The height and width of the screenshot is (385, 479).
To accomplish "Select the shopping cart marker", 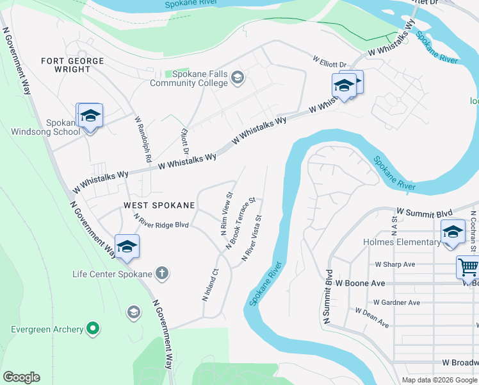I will click(x=468, y=266).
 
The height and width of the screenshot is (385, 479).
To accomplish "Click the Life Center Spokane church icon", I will click(x=162, y=274).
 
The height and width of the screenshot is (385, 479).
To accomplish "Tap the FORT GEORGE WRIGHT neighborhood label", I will click(x=72, y=65).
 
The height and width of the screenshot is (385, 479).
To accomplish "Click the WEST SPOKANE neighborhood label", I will click(x=159, y=205).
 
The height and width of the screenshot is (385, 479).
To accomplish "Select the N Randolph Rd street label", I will click(x=142, y=139).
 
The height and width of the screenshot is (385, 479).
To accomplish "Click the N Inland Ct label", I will click(x=210, y=286).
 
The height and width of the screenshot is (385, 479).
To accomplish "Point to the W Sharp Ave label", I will click(x=395, y=264).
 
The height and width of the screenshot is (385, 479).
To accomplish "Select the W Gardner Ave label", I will click(x=397, y=302).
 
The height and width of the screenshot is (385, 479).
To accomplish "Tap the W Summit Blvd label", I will click(x=425, y=212).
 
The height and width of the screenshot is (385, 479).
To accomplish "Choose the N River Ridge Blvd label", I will click(x=161, y=222).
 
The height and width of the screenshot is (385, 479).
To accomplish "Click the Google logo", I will click(x=21, y=377).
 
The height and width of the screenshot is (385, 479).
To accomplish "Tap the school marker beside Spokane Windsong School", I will click(x=90, y=116).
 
